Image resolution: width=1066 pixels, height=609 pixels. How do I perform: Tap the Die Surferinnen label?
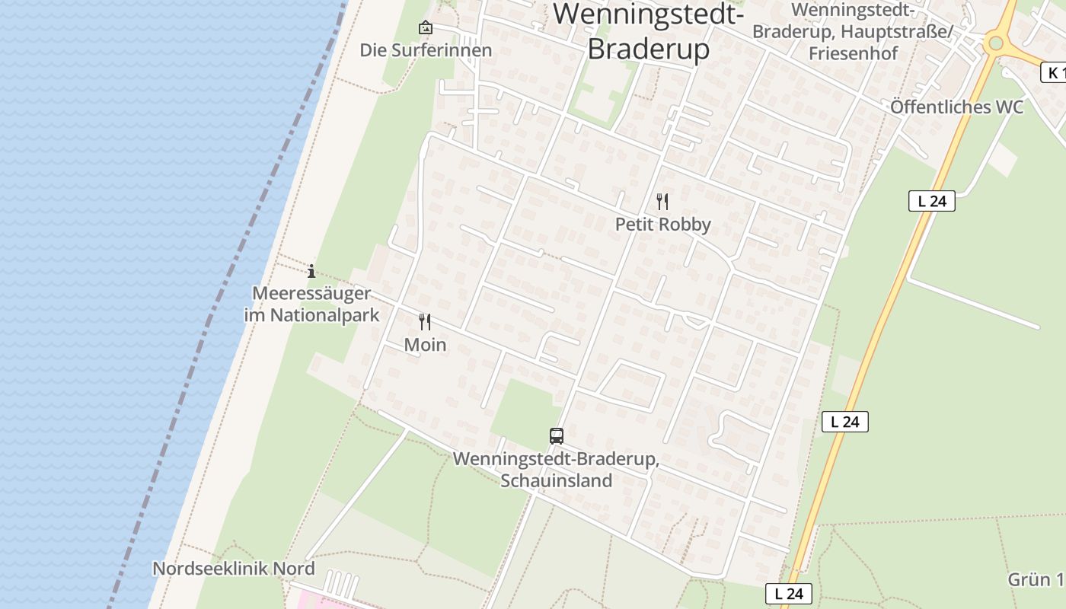(x=426, y=50)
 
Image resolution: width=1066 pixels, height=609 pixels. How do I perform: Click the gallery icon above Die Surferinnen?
(x=426, y=28)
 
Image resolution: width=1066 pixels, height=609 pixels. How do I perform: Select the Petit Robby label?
(x=662, y=225)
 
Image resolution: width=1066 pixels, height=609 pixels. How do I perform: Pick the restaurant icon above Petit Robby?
(x=662, y=202)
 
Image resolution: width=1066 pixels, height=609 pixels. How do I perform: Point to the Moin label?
(x=425, y=345)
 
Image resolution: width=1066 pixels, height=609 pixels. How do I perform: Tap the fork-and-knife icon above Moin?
(x=425, y=322)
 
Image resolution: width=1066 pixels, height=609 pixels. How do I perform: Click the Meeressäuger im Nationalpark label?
(x=311, y=304)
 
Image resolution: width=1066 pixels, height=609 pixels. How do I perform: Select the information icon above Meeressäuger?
(x=311, y=271)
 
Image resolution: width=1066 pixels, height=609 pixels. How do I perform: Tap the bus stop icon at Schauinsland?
(x=557, y=436)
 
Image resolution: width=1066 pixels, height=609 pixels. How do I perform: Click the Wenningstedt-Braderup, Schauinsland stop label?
(x=556, y=470)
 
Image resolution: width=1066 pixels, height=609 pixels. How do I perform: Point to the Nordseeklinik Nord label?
(x=234, y=569)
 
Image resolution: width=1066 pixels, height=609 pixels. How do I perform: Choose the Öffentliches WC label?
(x=957, y=107)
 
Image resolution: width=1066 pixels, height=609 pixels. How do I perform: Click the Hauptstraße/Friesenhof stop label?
(x=853, y=32)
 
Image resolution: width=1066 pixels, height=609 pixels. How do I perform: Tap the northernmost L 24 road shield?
(x=931, y=201)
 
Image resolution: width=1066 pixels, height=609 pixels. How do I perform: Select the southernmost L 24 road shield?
(x=789, y=594)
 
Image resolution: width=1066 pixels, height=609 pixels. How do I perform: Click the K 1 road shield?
(x=1052, y=72)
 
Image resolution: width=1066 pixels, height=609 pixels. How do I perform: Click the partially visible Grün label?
(x=1036, y=579)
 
